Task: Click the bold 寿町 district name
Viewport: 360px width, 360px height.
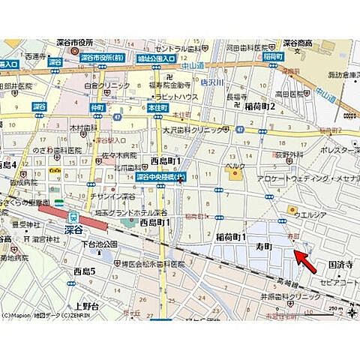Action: coord(262,246)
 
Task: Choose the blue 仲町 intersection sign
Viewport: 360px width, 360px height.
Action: coord(97,107)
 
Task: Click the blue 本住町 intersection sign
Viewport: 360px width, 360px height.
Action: coord(155,107)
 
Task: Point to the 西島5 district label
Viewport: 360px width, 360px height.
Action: coord(84,270)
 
